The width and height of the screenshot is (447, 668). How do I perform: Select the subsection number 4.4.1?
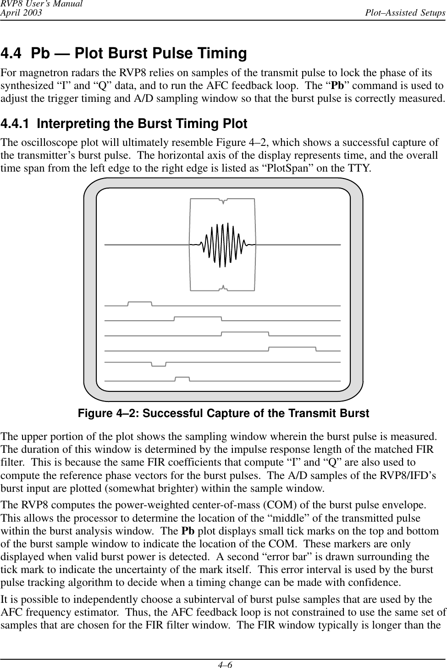[x=17, y=124]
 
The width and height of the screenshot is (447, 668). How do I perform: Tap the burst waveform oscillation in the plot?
[x=223, y=245]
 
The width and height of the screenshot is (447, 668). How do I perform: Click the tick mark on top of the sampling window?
[x=223, y=200]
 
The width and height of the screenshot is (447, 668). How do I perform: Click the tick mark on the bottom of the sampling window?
[x=223, y=288]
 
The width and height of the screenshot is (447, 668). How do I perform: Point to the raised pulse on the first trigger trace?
[x=140, y=303]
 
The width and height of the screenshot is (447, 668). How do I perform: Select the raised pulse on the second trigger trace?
[x=198, y=317]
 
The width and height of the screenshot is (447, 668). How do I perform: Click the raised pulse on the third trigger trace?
[x=245, y=332]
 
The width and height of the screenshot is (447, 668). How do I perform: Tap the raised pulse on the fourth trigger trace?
[x=292, y=348]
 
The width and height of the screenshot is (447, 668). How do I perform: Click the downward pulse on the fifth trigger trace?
[x=159, y=365]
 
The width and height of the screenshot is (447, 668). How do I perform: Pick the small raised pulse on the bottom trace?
[x=182, y=378]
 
